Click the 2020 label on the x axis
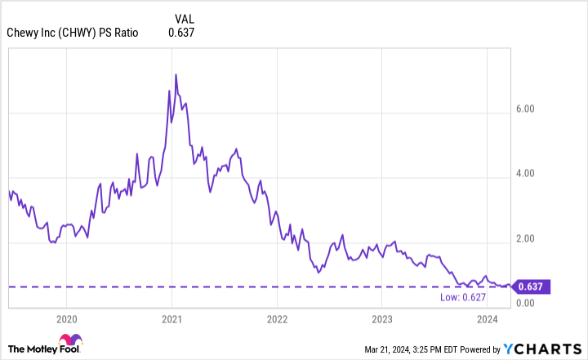click(67, 318)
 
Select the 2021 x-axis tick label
click(171, 318)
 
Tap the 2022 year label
click(277, 318)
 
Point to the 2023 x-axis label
click(382, 318)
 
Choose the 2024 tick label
click(488, 318)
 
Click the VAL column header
click(185, 17)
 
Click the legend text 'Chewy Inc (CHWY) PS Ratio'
click(73, 33)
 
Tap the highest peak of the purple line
click(176, 74)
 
